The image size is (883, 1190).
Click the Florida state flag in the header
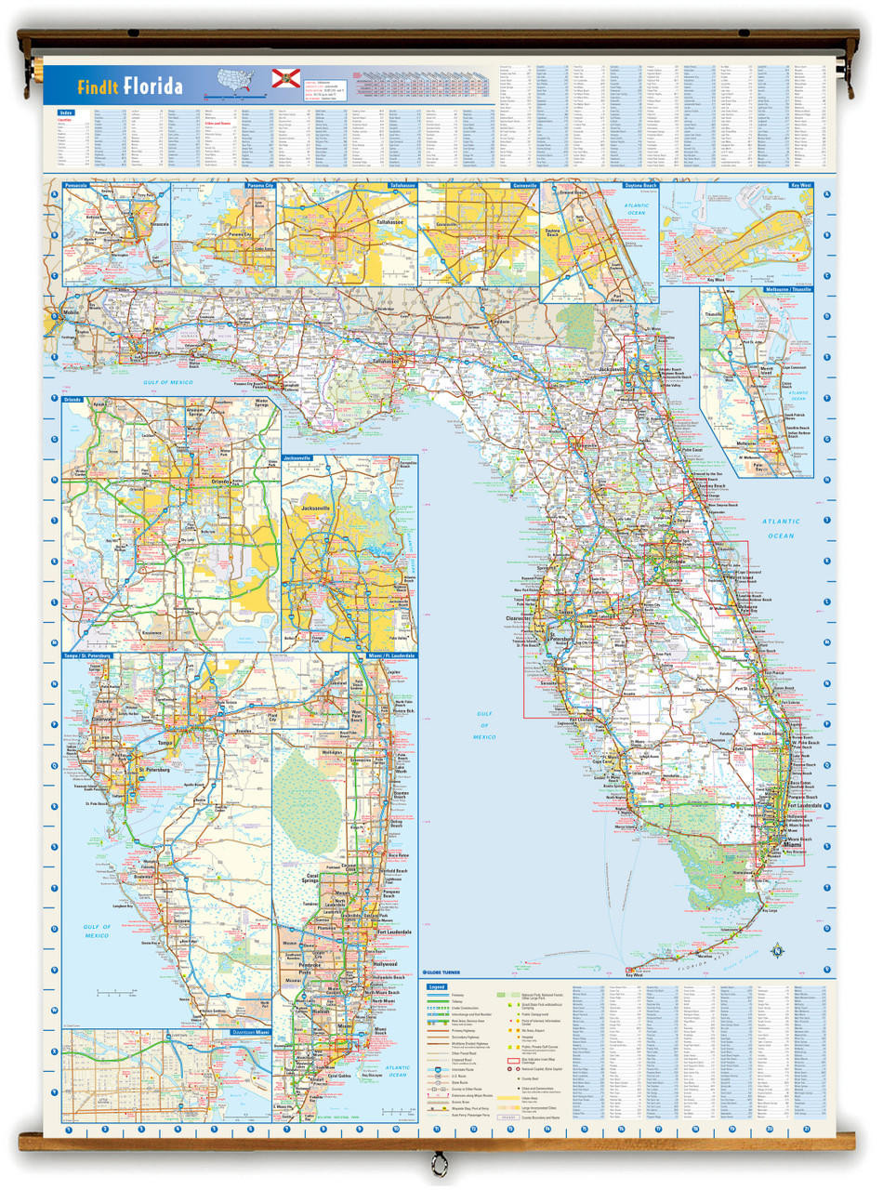point(284,78)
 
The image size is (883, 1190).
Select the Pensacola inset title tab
point(77,186)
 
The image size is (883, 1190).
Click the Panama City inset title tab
point(261,186)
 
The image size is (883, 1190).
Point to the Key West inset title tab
point(798,186)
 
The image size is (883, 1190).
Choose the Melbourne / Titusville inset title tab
point(788,290)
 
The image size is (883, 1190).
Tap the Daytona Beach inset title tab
point(639,186)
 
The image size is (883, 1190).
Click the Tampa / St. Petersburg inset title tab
point(87,655)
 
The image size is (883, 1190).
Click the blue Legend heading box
point(436,986)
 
